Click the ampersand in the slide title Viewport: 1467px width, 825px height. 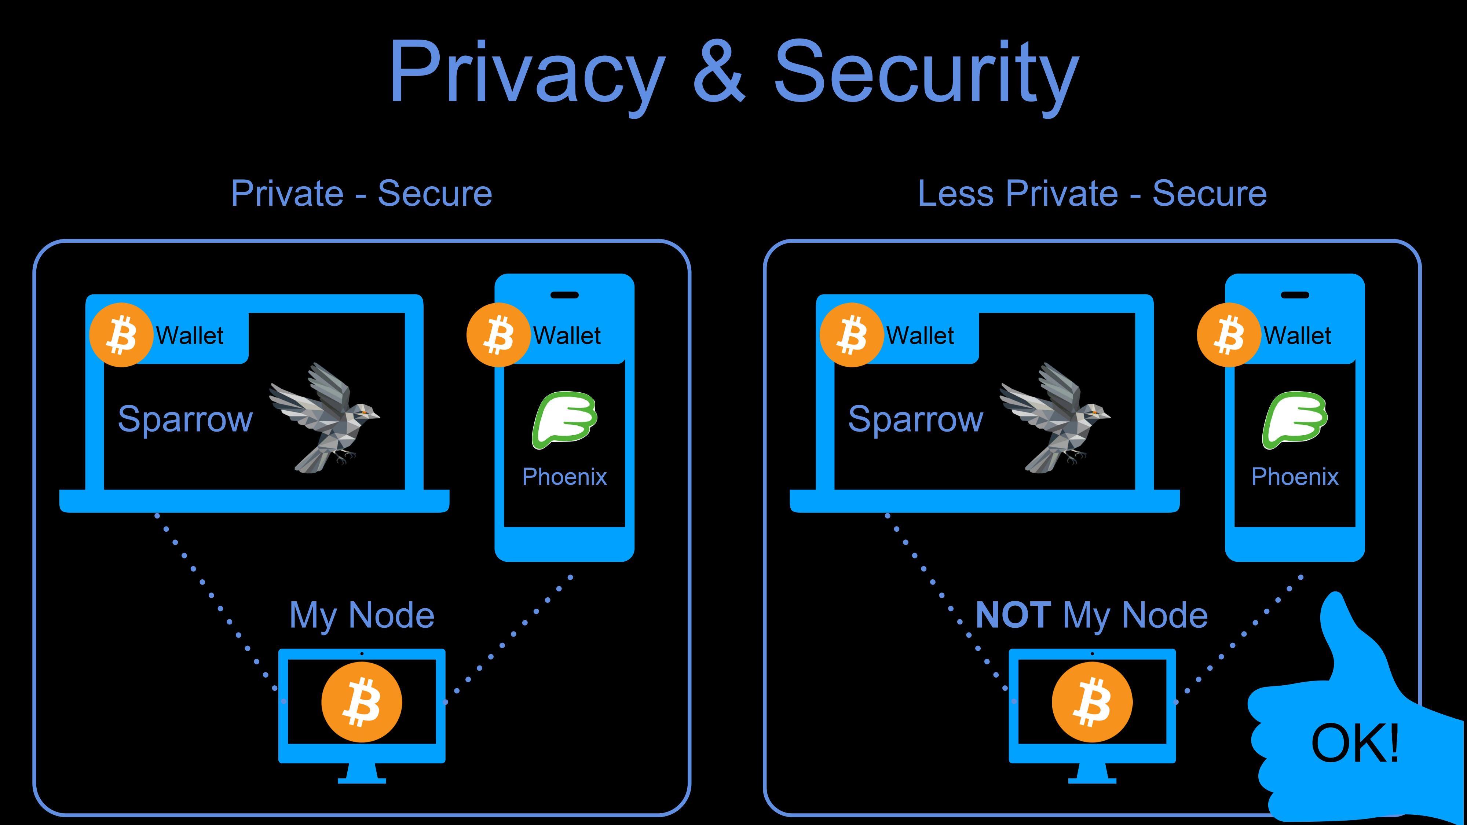coord(719,72)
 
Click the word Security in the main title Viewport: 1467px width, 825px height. coord(926,72)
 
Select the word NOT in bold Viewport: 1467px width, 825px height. coord(1013,616)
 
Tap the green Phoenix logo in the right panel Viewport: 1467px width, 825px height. coord(1295,419)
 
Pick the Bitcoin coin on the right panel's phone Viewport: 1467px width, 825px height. coord(1228,335)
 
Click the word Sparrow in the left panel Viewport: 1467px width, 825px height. coord(185,419)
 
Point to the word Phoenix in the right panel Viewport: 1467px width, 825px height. coord(1295,477)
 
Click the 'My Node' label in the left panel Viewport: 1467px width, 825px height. coord(362,616)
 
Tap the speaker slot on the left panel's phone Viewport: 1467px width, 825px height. coord(564,295)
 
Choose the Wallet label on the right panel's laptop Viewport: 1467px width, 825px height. coord(920,335)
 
